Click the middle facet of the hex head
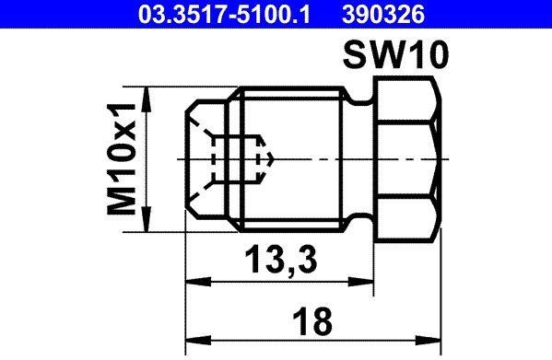406,158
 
